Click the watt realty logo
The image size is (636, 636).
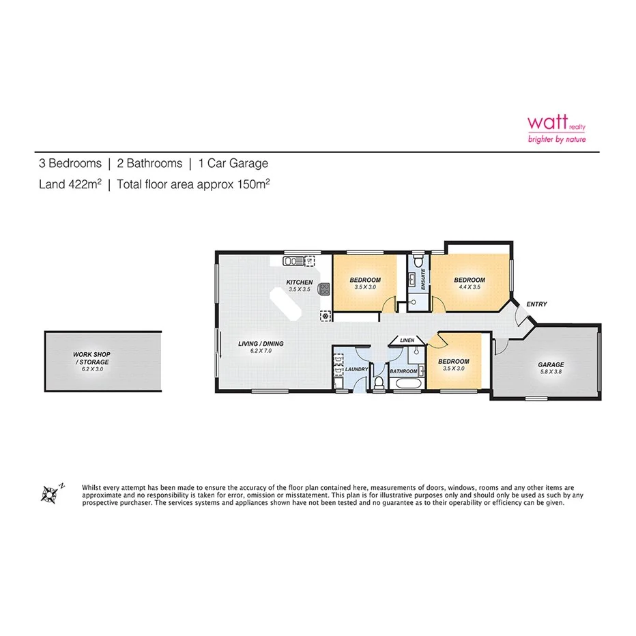[556, 128]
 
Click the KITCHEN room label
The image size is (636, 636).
[299, 282]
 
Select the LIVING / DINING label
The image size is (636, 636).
[260, 343]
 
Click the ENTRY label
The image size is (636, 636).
[536, 304]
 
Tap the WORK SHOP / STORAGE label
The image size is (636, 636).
[91, 358]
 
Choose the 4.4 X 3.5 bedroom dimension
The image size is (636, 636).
[469, 287]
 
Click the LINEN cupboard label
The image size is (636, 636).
[407, 339]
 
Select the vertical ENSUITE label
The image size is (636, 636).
[424, 280]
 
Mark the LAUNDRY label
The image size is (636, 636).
[357, 369]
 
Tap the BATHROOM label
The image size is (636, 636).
[403, 371]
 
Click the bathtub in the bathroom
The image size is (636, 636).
[403, 386]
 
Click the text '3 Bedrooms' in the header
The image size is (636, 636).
[69, 163]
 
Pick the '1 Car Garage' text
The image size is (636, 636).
[233, 163]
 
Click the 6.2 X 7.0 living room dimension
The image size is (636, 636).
[260, 350]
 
